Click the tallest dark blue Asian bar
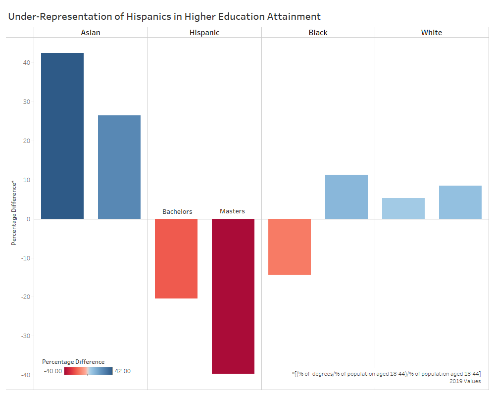62,136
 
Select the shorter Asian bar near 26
119,167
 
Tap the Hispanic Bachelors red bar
176,258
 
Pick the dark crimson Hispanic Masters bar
233,296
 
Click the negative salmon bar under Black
290,247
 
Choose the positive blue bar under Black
346,197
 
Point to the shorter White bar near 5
403,208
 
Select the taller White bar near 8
460,202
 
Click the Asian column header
91,33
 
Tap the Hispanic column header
204,33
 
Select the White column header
432,33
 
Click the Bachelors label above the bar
177,212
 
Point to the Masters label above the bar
232,211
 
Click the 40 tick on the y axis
26,63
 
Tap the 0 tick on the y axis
28,219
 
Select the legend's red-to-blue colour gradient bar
89,371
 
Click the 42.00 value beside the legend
123,371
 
